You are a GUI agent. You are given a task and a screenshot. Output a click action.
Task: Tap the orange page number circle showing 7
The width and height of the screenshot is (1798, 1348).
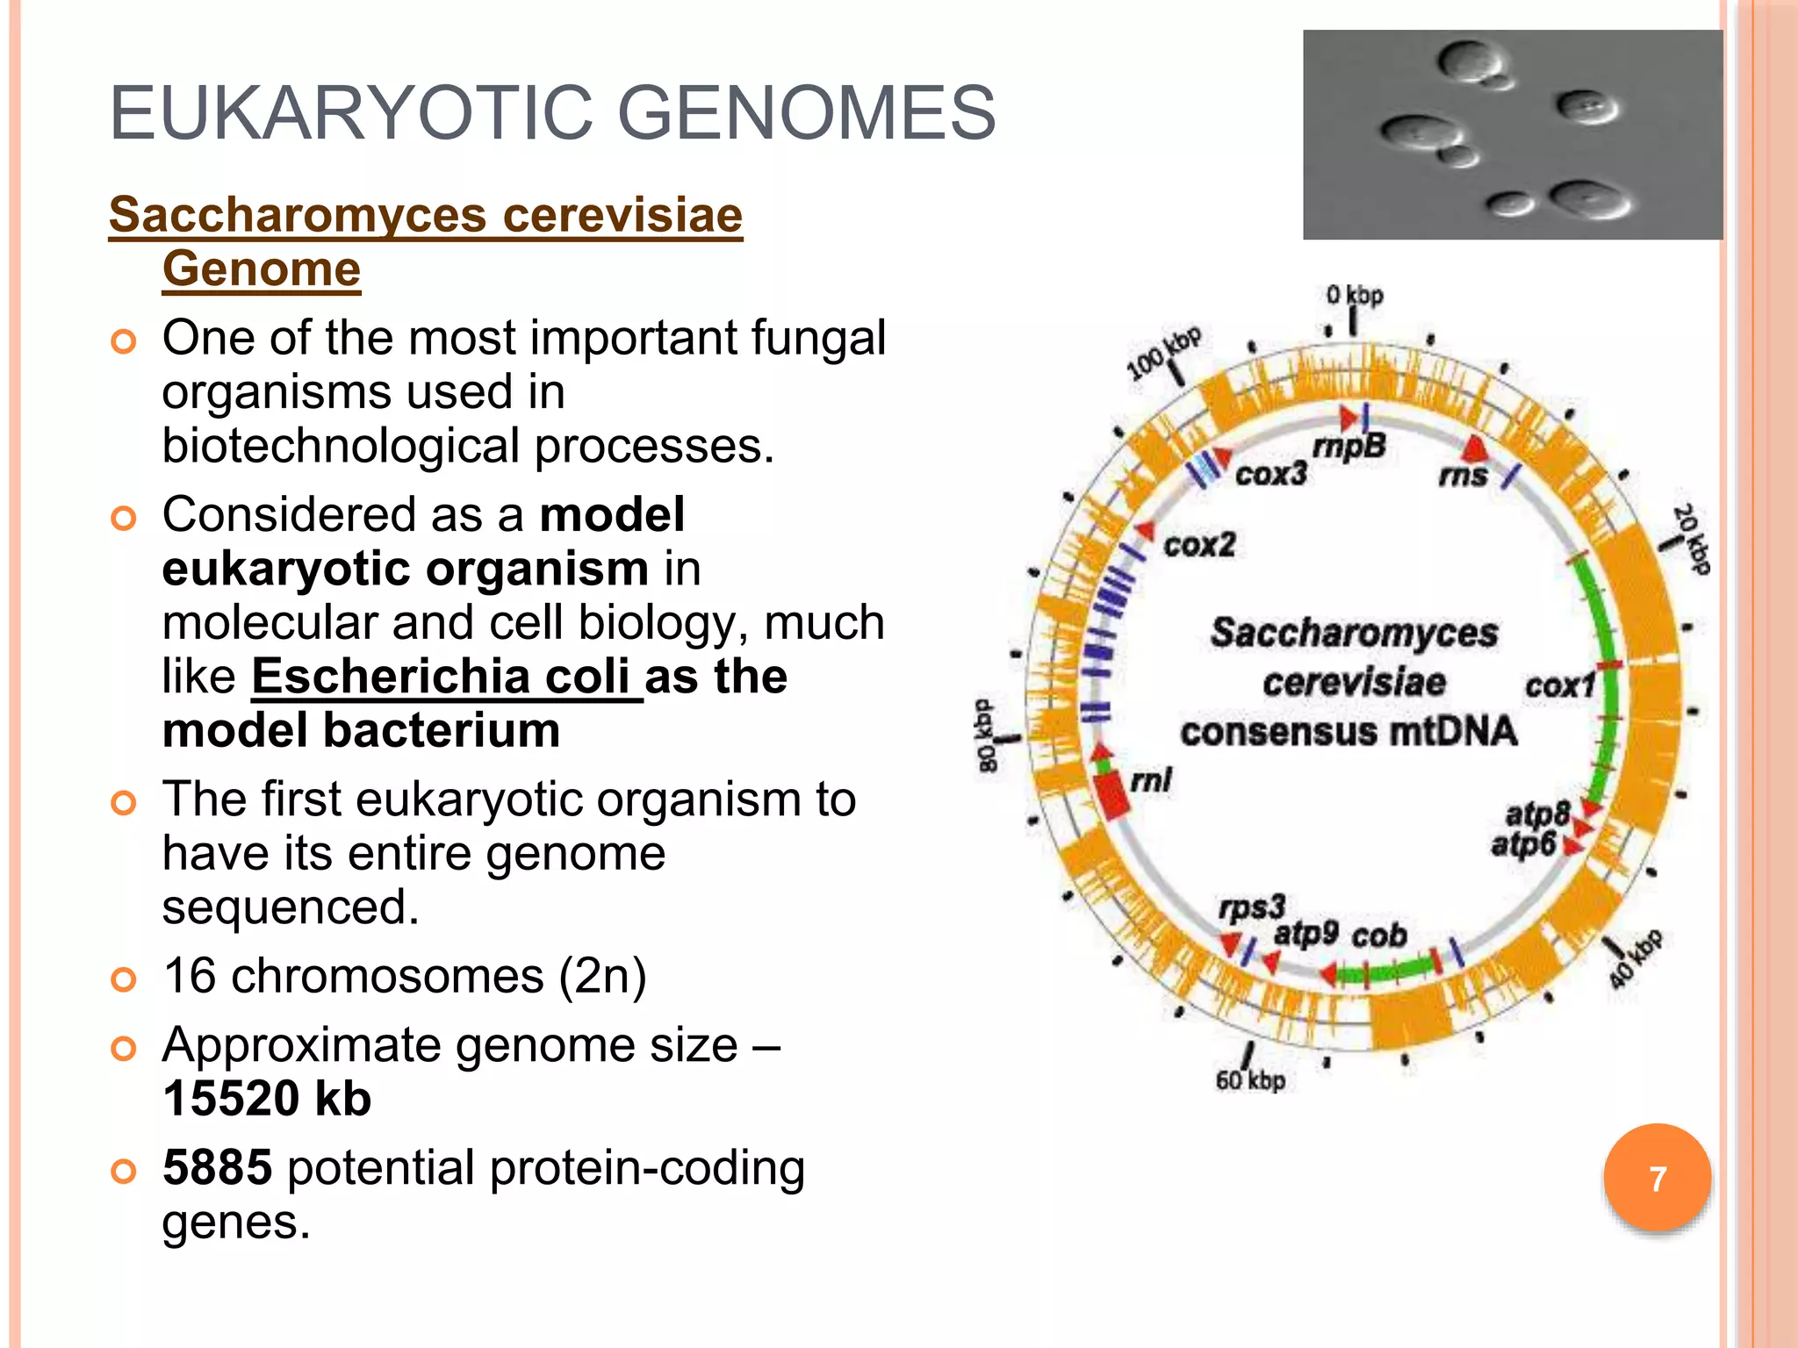click(1657, 1178)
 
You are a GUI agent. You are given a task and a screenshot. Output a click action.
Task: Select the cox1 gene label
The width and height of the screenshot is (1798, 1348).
click(1559, 685)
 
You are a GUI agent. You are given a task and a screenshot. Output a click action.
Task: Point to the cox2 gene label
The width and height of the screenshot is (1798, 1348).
click(1199, 545)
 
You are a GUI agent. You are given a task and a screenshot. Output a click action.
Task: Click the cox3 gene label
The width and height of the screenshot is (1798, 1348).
click(1270, 474)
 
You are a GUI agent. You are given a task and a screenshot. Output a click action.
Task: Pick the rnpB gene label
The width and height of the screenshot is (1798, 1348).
click(1349, 447)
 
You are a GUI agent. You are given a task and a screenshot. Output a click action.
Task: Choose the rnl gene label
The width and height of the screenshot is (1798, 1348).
click(1151, 780)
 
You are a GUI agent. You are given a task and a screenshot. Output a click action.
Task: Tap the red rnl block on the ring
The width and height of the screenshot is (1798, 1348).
click(1111, 794)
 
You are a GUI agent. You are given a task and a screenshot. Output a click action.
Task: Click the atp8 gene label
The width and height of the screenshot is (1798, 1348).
click(1536, 814)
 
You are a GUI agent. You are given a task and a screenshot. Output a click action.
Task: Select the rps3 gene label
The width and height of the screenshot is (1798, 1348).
click(1252, 907)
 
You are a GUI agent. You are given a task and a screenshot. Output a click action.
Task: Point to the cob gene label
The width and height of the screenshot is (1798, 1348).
click(1379, 936)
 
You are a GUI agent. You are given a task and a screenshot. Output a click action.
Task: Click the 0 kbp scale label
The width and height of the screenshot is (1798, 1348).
click(1355, 296)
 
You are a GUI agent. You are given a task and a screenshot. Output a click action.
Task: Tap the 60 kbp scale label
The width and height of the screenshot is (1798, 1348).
click(1250, 1080)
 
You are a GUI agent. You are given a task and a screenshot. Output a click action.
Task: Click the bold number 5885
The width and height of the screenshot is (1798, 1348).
click(217, 1167)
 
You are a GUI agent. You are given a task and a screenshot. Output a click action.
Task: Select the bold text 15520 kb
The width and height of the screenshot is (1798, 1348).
click(267, 1098)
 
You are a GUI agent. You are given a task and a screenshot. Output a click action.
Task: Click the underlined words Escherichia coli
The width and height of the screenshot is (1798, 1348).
click(446, 677)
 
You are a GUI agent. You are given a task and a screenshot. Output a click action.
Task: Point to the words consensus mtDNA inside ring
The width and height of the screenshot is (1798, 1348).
click(1348, 731)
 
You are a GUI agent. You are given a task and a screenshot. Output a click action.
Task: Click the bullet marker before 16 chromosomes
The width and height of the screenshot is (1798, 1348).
click(124, 978)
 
